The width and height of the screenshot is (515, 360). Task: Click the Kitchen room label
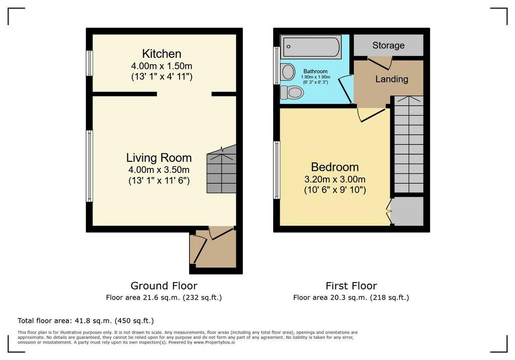tap(161, 53)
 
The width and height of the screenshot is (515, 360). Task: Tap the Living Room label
tap(159, 158)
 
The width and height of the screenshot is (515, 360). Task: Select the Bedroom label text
tap(334, 167)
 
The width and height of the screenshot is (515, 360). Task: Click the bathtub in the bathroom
tap(311, 47)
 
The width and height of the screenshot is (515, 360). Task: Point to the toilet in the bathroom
tap(291, 93)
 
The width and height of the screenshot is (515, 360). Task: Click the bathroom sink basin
tap(288, 72)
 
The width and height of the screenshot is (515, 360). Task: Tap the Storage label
tap(388, 45)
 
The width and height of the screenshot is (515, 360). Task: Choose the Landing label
tap(391, 79)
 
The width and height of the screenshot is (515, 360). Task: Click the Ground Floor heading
tap(164, 286)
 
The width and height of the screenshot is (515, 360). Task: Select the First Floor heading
tap(351, 286)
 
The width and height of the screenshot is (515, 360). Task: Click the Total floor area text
tap(85, 321)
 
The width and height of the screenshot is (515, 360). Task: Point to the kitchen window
tap(90, 63)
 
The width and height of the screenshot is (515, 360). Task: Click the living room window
tap(90, 166)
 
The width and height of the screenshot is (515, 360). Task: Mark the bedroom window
tap(277, 170)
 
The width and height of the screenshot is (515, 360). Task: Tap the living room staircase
tap(221, 169)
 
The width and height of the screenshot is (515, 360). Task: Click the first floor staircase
tap(408, 144)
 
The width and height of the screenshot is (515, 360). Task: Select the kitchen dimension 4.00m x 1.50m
tap(161, 66)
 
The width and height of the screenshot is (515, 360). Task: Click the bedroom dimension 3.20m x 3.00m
tap(334, 179)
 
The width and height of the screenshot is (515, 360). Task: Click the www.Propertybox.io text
tap(214, 342)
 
